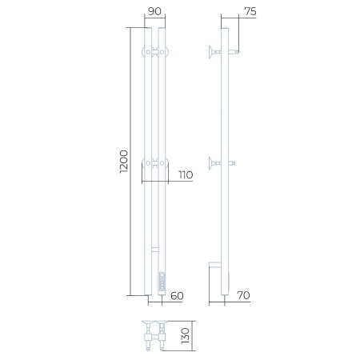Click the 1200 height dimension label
point(124,162)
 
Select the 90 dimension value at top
point(154,11)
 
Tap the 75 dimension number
point(250,11)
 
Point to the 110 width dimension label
point(186,175)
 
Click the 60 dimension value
point(177,296)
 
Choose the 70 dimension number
point(243,295)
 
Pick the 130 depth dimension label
point(185,336)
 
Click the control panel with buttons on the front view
point(162,282)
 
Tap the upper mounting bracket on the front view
point(155,52)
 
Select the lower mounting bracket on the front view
point(155,162)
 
